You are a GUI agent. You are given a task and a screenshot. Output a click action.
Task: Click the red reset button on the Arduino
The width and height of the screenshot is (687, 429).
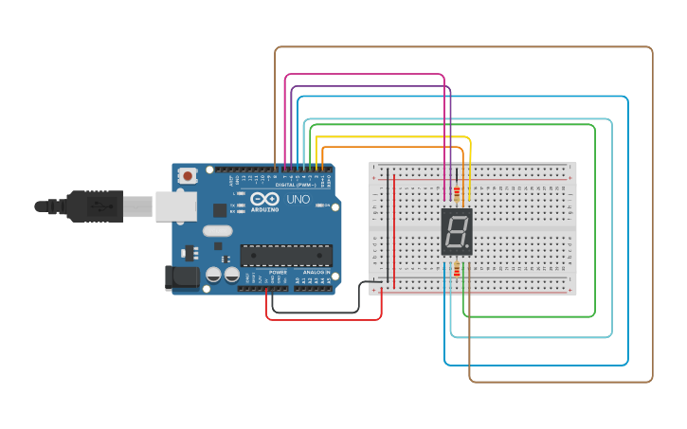point(188,175)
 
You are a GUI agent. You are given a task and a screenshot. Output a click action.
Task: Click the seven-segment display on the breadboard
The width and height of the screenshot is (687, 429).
point(456,232)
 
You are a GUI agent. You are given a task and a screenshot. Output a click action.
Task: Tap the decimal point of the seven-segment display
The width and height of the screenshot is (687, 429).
point(467,248)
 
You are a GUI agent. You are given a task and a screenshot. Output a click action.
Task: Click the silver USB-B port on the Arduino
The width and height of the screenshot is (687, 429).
point(175,206)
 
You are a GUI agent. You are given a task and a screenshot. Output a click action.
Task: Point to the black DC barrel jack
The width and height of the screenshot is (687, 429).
point(182,277)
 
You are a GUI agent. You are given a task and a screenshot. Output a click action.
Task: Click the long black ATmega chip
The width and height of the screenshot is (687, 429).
point(286,255)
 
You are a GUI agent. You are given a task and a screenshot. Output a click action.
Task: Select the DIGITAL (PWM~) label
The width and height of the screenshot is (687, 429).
point(297,185)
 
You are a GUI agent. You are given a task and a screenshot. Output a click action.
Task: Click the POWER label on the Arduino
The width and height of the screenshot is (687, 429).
point(278,272)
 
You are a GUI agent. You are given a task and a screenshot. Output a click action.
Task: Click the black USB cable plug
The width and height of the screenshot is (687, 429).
point(95,206)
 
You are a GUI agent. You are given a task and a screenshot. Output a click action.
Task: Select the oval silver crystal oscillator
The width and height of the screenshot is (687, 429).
point(217,230)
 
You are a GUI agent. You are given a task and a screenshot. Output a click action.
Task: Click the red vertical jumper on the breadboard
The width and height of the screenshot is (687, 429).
point(394,227)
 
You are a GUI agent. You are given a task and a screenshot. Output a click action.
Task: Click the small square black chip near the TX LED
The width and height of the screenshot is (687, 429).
point(220,210)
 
